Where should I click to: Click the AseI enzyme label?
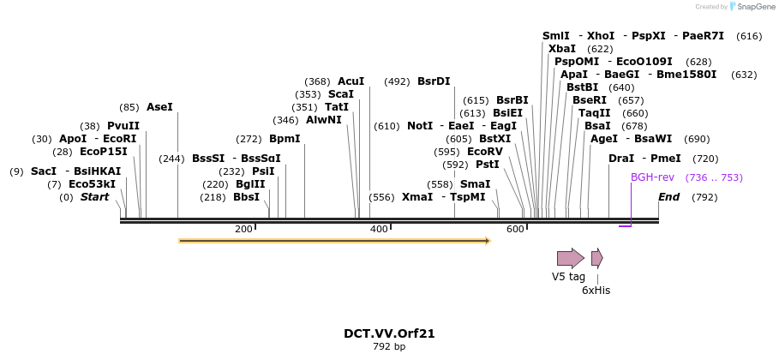coord(159,107)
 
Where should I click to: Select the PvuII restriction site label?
coord(123,126)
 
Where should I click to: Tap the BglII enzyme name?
coord(250,184)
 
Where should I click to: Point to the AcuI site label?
coord(351,81)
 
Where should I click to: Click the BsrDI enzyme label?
coord(434,81)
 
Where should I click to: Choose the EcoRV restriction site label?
coord(484,152)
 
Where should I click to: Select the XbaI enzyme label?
coord(562,49)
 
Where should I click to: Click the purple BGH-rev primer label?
coord(652,177)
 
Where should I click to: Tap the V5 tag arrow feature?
coord(570,258)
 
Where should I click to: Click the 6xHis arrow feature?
coord(596,258)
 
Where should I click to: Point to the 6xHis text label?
coord(596,291)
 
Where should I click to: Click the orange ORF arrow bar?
coord(334,241)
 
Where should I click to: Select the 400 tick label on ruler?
coord(379,229)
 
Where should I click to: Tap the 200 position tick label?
coord(243,229)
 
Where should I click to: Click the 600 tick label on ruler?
coord(514,229)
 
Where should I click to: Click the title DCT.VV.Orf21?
coord(390,333)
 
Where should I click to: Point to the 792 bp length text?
coord(390,346)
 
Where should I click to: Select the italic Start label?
coord(95,197)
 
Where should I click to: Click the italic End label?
coord(668,197)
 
